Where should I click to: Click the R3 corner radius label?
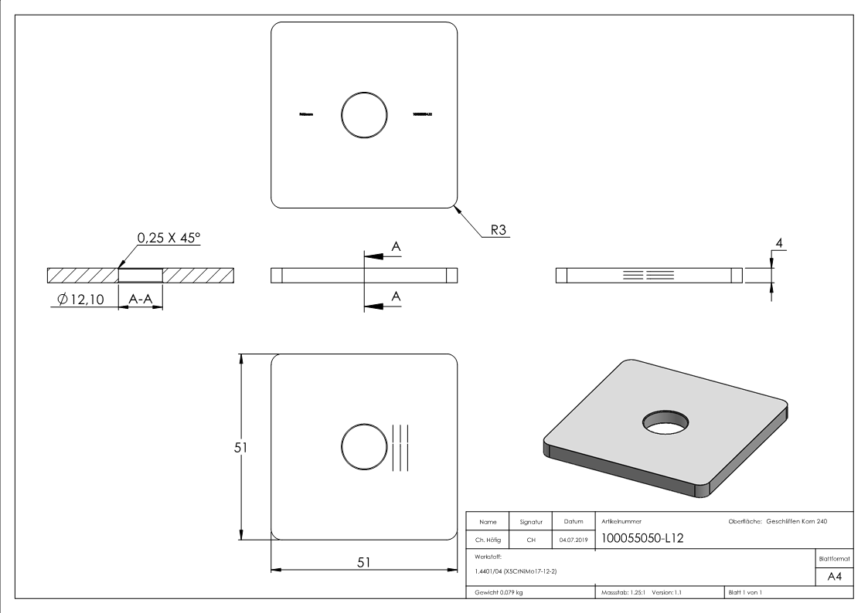pyautogui.click(x=498, y=230)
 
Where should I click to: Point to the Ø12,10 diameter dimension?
pyautogui.click(x=80, y=299)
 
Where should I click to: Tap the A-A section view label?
pyautogui.click(x=140, y=299)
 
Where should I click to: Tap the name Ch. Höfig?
pyautogui.click(x=487, y=540)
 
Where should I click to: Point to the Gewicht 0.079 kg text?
pyautogui.click(x=499, y=593)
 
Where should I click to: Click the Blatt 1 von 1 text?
pyautogui.click(x=745, y=593)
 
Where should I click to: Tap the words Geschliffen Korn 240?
pyautogui.click(x=797, y=522)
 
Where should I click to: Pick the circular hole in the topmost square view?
pyautogui.click(x=364, y=114)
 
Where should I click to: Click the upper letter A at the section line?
pyautogui.click(x=396, y=246)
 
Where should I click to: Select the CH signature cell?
pyautogui.click(x=531, y=540)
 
